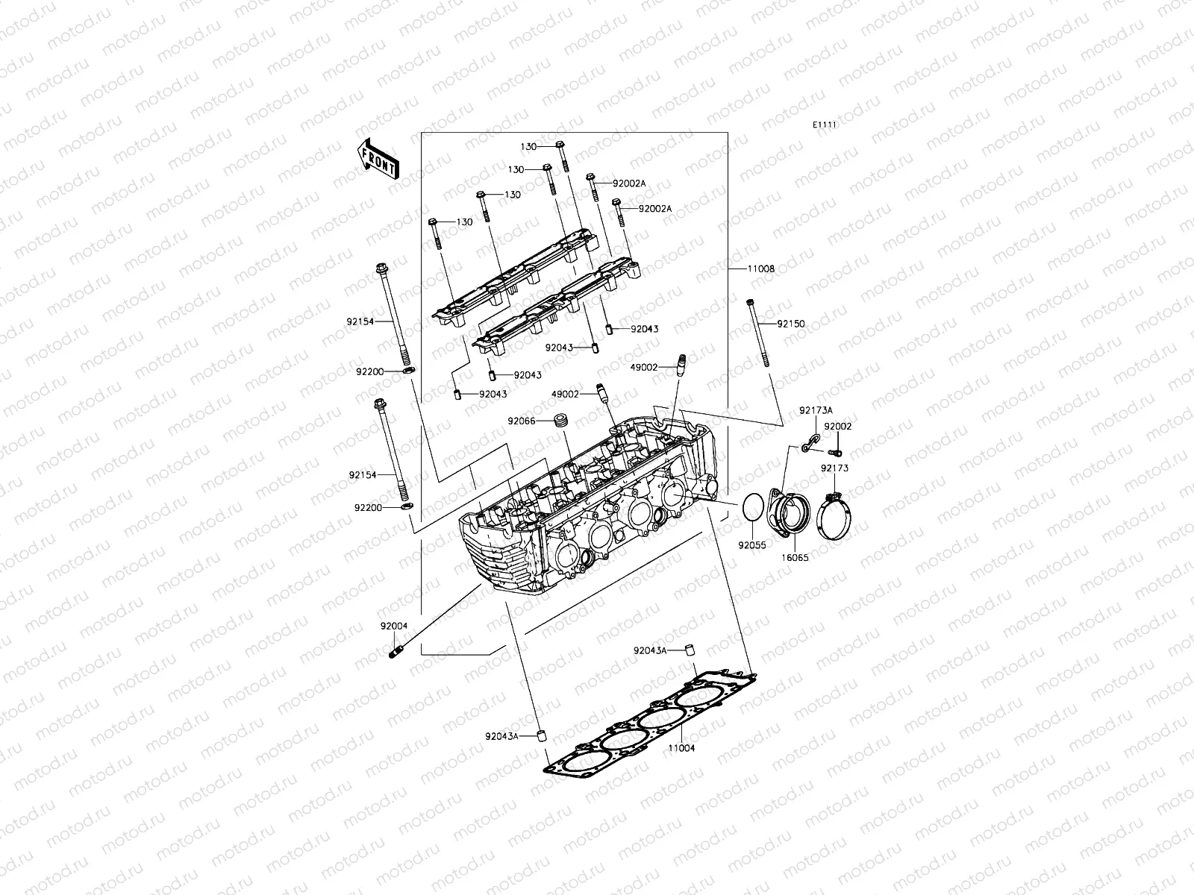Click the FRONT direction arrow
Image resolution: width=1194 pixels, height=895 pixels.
pos(378,160)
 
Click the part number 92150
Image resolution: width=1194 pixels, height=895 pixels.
pos(791,324)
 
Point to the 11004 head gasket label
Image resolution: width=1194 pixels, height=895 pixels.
pos(681,747)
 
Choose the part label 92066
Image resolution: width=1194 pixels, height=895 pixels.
pos(522,421)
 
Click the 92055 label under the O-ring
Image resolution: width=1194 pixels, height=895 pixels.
pos(752,545)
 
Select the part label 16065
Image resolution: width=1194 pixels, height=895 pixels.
pos(795,557)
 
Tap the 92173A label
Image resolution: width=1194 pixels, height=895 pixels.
pos(816,410)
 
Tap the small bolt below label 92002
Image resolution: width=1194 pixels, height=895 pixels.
pos(837,451)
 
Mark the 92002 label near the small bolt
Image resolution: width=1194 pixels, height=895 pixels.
pos(837,427)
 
